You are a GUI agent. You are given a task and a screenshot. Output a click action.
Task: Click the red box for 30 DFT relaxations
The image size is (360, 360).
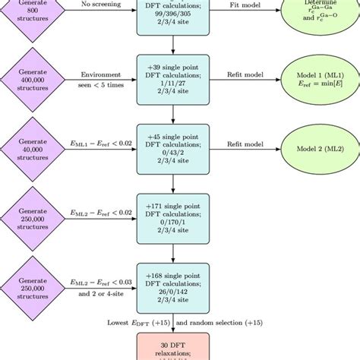(x=174, y=346)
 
